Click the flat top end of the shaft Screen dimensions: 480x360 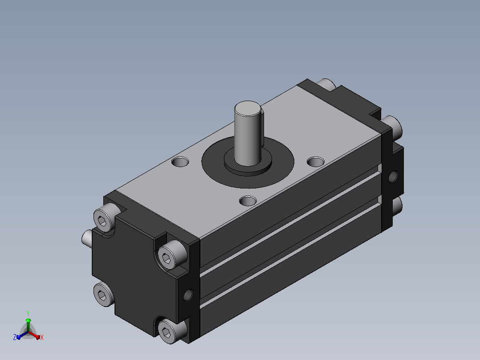[248, 108]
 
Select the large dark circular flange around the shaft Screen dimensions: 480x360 [248, 178]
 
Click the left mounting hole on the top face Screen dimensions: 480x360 [180, 161]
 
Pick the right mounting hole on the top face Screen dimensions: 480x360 [316, 161]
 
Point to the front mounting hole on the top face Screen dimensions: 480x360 [248, 201]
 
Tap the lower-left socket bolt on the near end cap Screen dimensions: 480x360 [103, 294]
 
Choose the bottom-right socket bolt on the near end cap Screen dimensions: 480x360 [171, 331]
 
